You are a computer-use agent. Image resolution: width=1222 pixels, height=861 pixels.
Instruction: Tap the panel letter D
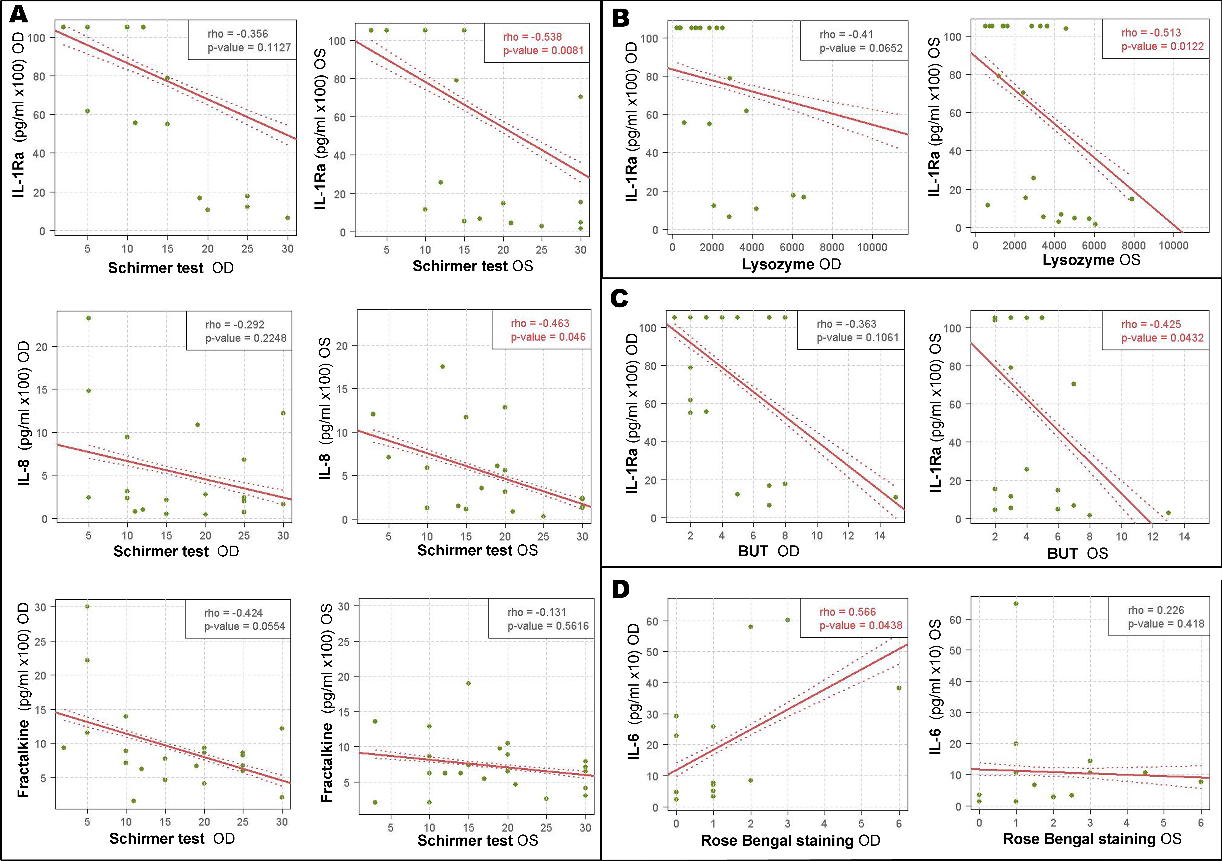pyautogui.click(x=621, y=589)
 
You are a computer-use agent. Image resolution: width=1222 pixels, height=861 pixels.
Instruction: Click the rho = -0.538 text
pyautogui.click(x=532, y=37)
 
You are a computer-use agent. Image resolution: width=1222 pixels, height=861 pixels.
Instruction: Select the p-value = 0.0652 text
pyautogui.click(x=861, y=48)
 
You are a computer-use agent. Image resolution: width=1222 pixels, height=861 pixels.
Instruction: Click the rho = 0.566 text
pyautogui.click(x=847, y=612)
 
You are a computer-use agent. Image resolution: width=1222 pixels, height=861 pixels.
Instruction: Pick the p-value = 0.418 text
pyautogui.click(x=1166, y=624)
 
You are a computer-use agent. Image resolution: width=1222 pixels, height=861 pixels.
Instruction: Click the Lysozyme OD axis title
pyautogui.click(x=791, y=264)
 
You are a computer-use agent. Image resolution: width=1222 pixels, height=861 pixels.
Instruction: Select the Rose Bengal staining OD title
pyautogui.click(x=790, y=841)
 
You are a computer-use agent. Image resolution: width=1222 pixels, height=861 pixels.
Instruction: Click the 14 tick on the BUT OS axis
pyautogui.click(x=1184, y=536)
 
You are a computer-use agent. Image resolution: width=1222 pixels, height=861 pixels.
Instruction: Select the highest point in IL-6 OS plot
pyautogui.click(x=1016, y=604)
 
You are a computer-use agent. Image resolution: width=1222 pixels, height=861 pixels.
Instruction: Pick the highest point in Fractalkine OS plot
pyautogui.click(x=468, y=683)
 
